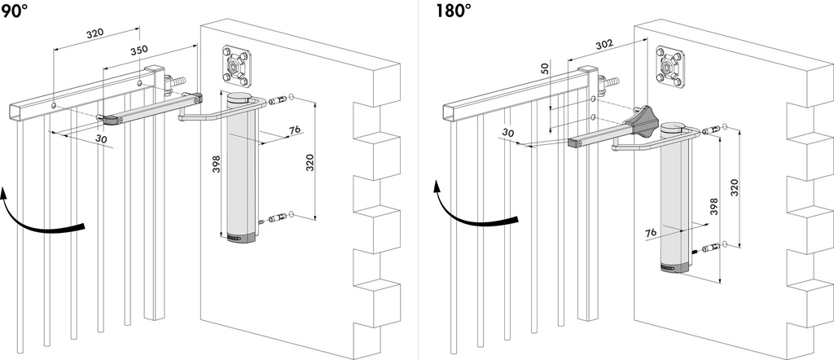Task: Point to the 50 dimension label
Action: [x=544, y=71]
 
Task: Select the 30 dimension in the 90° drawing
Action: [x=101, y=139]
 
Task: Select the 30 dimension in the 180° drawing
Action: [x=508, y=134]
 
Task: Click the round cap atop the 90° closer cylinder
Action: [x=241, y=99]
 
